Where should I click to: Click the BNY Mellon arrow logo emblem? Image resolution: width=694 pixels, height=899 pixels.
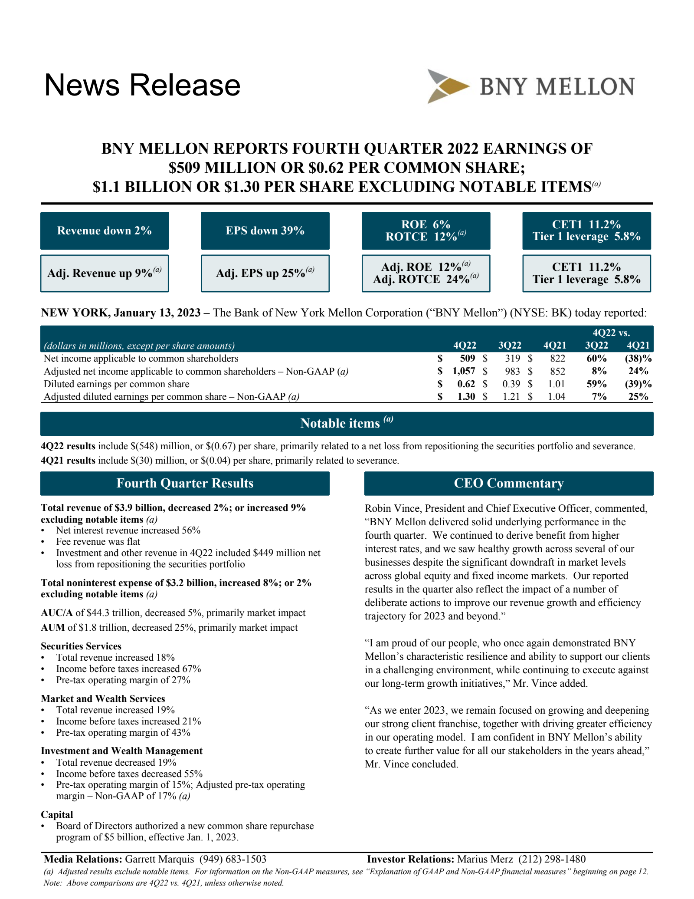[447, 86]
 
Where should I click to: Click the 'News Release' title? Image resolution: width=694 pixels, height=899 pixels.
[142, 85]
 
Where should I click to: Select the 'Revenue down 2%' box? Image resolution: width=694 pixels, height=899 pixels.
[105, 231]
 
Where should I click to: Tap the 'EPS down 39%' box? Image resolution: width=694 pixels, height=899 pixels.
[265, 231]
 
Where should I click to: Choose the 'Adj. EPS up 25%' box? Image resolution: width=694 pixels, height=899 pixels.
[265, 273]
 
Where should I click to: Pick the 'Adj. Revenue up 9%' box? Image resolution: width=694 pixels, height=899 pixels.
[105, 273]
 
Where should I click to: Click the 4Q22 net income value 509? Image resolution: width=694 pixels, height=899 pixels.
[467, 359]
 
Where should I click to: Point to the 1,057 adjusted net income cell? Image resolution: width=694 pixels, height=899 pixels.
[463, 371]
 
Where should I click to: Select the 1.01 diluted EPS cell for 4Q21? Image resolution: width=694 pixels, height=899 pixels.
[556, 384]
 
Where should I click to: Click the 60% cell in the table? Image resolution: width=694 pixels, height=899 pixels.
[596, 359]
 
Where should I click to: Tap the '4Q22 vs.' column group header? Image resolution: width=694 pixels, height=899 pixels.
[611, 333]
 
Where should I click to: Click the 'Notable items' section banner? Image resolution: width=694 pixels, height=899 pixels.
[347, 423]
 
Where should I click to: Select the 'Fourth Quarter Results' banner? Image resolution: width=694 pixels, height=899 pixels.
[185, 483]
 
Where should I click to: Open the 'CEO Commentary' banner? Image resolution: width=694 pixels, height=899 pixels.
[508, 483]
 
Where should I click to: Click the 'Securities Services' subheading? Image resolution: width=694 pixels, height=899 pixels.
[81, 646]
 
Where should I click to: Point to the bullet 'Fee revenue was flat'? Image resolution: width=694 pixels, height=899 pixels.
[98, 541]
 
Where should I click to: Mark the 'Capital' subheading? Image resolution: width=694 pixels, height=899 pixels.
[57, 814]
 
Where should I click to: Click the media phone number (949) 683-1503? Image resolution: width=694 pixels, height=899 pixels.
[233, 859]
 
